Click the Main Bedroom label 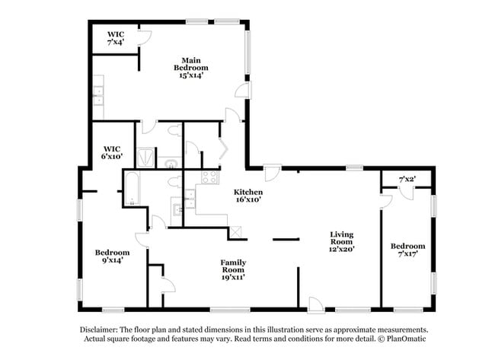click(190, 67)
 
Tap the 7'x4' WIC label click(116, 38)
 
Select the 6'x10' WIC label click(113, 152)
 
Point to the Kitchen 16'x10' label click(248, 196)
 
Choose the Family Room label click(232, 269)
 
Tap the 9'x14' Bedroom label click(112, 256)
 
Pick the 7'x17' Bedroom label click(407, 250)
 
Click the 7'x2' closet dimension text click(407, 179)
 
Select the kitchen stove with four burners click(206, 177)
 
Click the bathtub click(130, 190)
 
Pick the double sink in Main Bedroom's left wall click(98, 97)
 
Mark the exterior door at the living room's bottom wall click(315, 304)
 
